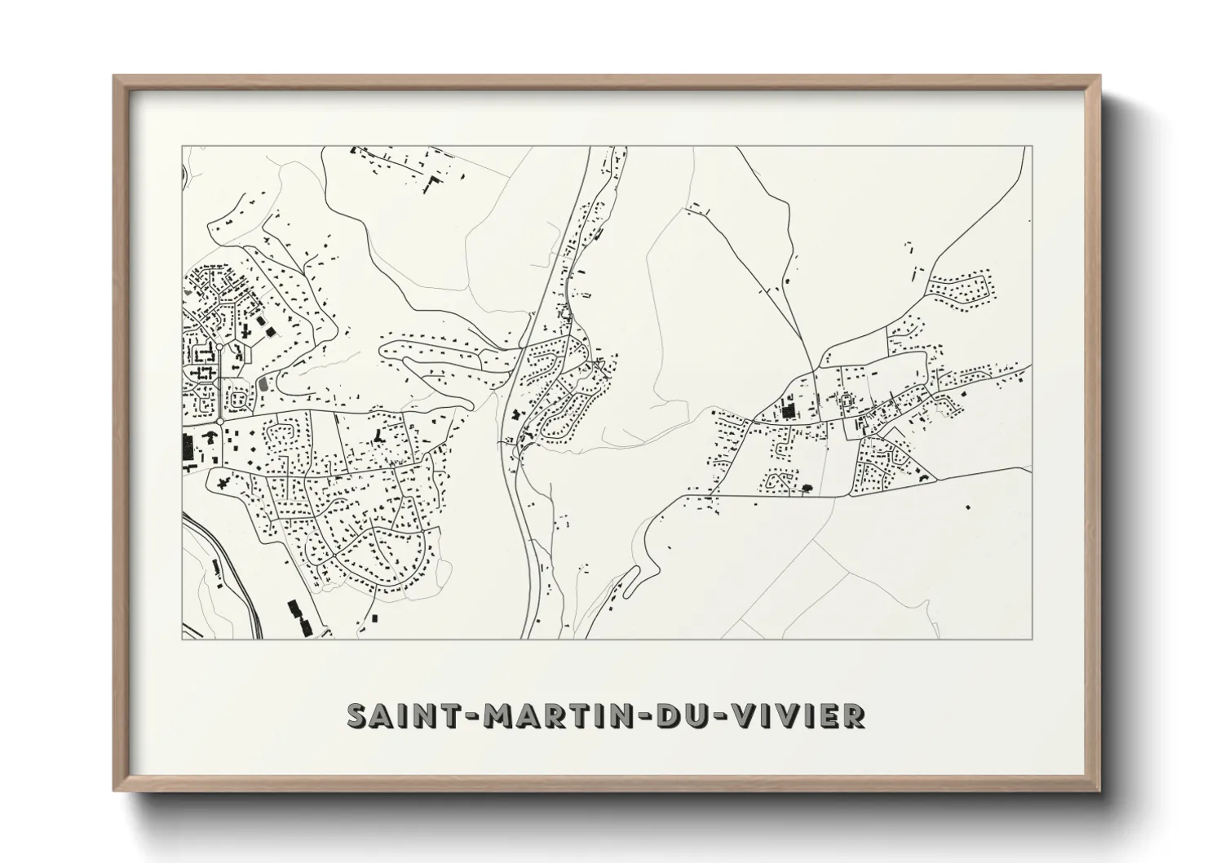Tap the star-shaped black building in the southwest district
[222, 482]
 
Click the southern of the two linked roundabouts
[219, 421]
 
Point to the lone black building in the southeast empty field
[968, 507]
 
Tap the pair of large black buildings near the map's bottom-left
[298, 618]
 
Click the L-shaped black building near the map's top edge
[432, 181]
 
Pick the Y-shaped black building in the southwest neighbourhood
[378, 437]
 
